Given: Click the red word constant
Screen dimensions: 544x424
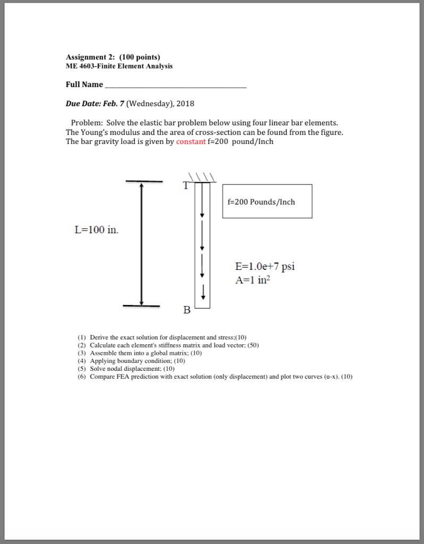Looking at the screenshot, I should tap(190, 142).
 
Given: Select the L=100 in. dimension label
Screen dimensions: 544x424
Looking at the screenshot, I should tap(97, 230).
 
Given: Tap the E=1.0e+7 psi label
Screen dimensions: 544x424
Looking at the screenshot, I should tap(265, 267).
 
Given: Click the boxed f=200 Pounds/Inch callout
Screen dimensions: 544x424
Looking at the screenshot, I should tap(267, 201).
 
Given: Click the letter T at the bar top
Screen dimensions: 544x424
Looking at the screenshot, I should tap(185, 185).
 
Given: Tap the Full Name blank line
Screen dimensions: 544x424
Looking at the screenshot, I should tap(176, 85).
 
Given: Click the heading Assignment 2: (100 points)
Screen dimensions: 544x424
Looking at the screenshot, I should tap(113, 57).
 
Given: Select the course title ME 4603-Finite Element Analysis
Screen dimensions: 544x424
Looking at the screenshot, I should tap(119, 66).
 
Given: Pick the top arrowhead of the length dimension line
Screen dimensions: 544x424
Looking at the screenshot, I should tap(141, 186).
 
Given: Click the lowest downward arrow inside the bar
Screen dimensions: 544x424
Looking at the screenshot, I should tap(202, 296).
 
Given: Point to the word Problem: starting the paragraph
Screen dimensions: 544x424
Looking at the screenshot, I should tap(87, 123).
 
